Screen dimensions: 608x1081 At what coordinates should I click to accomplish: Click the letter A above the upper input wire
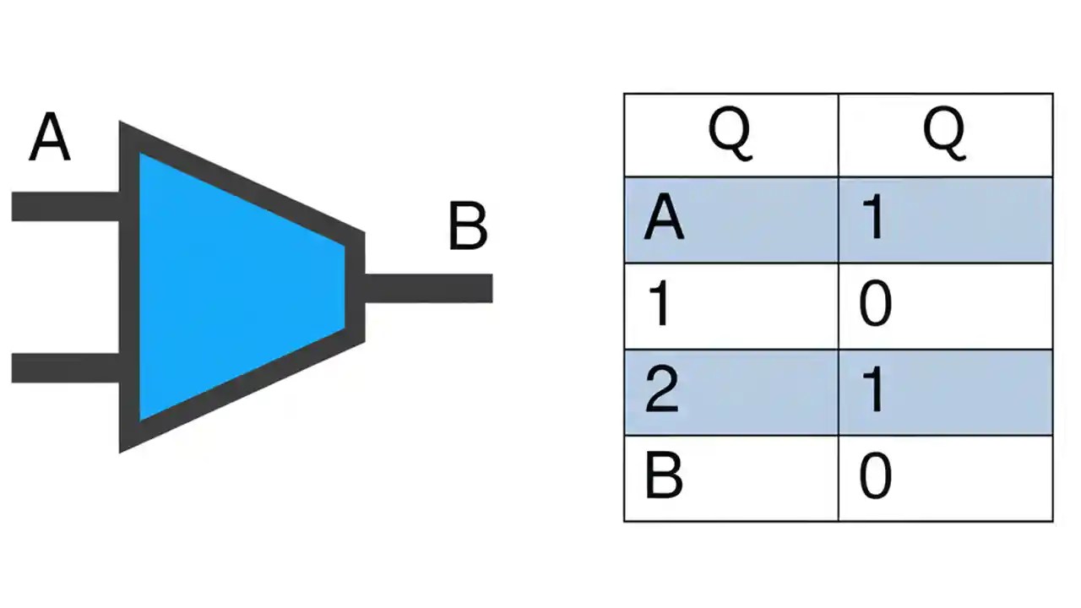click(x=49, y=138)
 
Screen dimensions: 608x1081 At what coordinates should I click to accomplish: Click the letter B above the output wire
click(x=467, y=227)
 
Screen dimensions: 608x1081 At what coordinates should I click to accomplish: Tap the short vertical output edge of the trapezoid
click(x=356, y=287)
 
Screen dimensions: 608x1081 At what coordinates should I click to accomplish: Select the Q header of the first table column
click(x=730, y=135)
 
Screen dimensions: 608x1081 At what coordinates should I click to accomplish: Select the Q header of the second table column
click(x=944, y=135)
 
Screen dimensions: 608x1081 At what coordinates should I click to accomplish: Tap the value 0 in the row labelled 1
click(x=875, y=306)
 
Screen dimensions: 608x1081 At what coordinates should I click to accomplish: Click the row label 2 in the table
click(x=661, y=392)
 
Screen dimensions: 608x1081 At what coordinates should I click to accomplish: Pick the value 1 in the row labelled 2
click(x=874, y=392)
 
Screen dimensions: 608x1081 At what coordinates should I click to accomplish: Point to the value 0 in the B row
click(x=875, y=478)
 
